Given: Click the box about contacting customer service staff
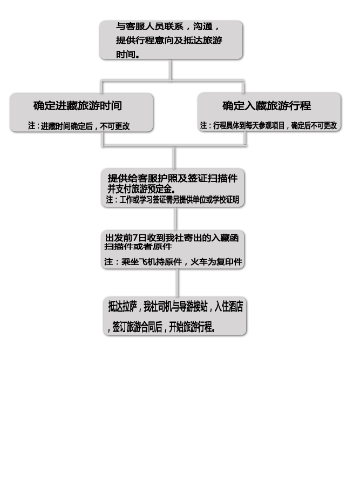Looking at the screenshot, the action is coord(171,40).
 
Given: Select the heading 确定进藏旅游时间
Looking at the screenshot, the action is coord(78,106).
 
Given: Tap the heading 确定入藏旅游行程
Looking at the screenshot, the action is coord(267,106).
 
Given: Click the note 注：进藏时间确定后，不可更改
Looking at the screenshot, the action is coord(79,126).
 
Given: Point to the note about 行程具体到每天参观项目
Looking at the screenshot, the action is coord(268,125).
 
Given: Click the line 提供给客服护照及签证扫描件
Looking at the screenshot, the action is coord(173,178).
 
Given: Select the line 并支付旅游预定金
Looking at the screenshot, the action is coord(141,189).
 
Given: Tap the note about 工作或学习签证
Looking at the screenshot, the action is coord(173,200).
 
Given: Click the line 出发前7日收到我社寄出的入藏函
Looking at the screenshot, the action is coord(172,238).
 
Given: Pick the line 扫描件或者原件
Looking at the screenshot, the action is coord(138,246).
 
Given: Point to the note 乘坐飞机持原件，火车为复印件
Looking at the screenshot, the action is coord(173,262).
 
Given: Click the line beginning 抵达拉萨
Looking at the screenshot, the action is coord(175,307).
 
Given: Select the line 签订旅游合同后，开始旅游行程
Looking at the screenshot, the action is coord(162,327).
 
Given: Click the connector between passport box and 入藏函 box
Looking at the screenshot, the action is coord(176,219).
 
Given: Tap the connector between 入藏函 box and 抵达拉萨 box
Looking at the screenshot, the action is coord(177,282).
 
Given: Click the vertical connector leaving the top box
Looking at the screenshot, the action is coord(171,70).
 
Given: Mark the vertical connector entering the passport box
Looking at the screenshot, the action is coord(174,158).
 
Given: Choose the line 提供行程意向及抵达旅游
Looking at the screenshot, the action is coord(169,40).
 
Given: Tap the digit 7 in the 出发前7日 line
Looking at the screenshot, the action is coord(135,238).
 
